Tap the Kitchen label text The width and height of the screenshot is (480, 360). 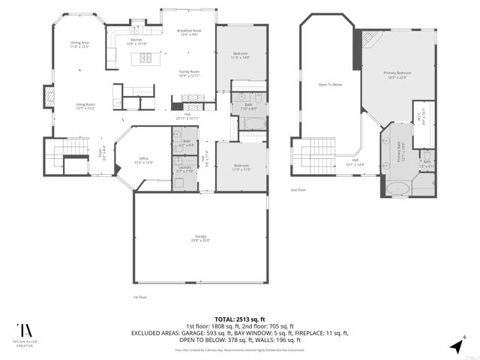(x=136, y=40)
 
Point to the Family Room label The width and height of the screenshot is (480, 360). (x=188, y=73)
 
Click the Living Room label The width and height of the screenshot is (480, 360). (x=85, y=106)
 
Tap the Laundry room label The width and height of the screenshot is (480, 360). (x=184, y=169)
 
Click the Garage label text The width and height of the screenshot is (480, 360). (x=199, y=238)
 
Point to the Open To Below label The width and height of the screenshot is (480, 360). (x=330, y=85)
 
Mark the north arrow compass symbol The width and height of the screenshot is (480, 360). (x=458, y=343)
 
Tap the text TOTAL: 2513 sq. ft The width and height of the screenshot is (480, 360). (x=239, y=318)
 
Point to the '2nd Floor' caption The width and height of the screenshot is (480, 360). (x=298, y=190)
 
